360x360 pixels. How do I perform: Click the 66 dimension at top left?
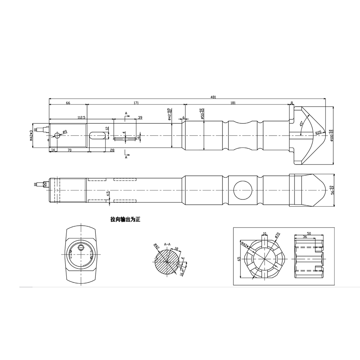[x=68, y=103]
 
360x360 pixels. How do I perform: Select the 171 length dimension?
[x=136, y=103]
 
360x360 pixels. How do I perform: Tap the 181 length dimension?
[x=233, y=103]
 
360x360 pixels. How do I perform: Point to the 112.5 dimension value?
[x=81, y=117]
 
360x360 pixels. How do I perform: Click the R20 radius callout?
[x=318, y=132]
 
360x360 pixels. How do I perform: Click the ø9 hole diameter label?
[x=64, y=132]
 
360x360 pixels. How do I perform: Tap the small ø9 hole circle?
[x=57, y=135]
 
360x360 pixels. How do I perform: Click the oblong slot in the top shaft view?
[x=98, y=135]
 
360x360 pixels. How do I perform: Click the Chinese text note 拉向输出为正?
[x=125, y=219]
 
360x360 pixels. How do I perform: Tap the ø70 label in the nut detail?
[x=277, y=235]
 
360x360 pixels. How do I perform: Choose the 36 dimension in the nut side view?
[x=305, y=237]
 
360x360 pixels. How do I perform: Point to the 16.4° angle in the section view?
[x=182, y=272]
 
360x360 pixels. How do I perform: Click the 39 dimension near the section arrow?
[x=140, y=117]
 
